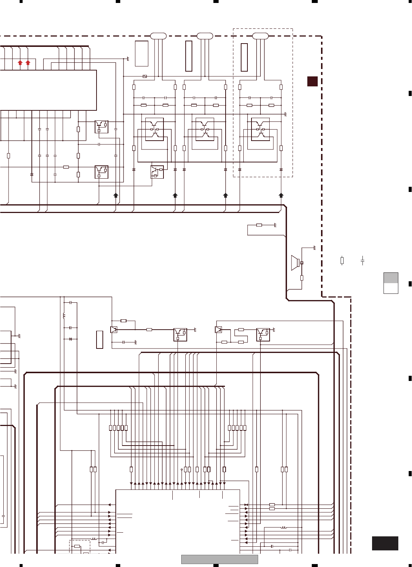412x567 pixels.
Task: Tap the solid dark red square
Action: [313, 81]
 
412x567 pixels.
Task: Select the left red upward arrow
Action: [20, 62]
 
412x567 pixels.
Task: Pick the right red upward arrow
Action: [28, 62]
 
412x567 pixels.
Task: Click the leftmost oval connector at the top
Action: [158, 36]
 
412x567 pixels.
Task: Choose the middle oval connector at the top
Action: [205, 36]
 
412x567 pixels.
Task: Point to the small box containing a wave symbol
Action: [145, 76]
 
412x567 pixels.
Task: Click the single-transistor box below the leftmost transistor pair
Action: [157, 172]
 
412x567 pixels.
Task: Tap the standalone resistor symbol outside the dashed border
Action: [342, 261]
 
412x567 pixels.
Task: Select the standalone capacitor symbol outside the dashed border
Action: [362, 261]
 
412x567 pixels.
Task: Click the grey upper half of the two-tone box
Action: [391, 278]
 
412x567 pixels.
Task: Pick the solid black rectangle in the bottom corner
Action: [385, 543]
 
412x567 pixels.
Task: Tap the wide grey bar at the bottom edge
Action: [219, 559]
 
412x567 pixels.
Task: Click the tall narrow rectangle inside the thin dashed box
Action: [244, 57]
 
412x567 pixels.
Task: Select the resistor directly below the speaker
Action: [302, 278]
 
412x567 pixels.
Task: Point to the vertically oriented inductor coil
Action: [64, 316]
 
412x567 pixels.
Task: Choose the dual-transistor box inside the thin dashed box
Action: [260, 129]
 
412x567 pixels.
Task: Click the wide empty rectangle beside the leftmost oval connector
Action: [142, 54]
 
